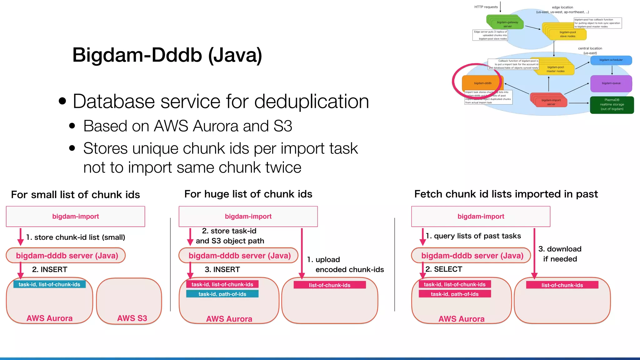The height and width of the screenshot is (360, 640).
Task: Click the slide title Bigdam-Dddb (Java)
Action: tap(167, 55)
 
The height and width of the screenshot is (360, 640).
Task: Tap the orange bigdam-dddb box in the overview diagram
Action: tap(482, 83)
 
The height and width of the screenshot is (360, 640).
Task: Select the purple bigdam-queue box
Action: tap(611, 83)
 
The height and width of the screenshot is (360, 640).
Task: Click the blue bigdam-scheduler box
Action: tap(611, 60)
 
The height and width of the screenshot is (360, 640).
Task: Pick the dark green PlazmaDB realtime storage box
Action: tap(612, 105)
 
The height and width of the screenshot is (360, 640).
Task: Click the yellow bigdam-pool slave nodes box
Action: tap(567, 34)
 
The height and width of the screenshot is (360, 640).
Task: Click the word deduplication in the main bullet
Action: tap(312, 102)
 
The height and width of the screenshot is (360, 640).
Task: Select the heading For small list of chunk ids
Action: tap(75, 195)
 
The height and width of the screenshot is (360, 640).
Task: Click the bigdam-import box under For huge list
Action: tap(248, 216)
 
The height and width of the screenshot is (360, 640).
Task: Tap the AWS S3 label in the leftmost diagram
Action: tap(132, 318)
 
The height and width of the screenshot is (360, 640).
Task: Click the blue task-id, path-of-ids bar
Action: tap(222, 294)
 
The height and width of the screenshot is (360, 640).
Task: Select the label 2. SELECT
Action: tap(444, 269)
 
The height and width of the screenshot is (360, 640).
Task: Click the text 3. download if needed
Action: tap(560, 254)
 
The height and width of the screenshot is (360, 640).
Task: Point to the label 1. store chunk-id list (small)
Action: tap(76, 237)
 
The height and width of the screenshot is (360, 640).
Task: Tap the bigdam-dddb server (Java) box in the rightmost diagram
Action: tap(472, 256)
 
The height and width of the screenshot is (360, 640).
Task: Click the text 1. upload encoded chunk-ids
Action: tap(345, 264)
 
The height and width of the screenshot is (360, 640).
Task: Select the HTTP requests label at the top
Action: tap(486, 7)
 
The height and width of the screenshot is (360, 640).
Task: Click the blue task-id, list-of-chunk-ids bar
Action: tap(49, 284)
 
